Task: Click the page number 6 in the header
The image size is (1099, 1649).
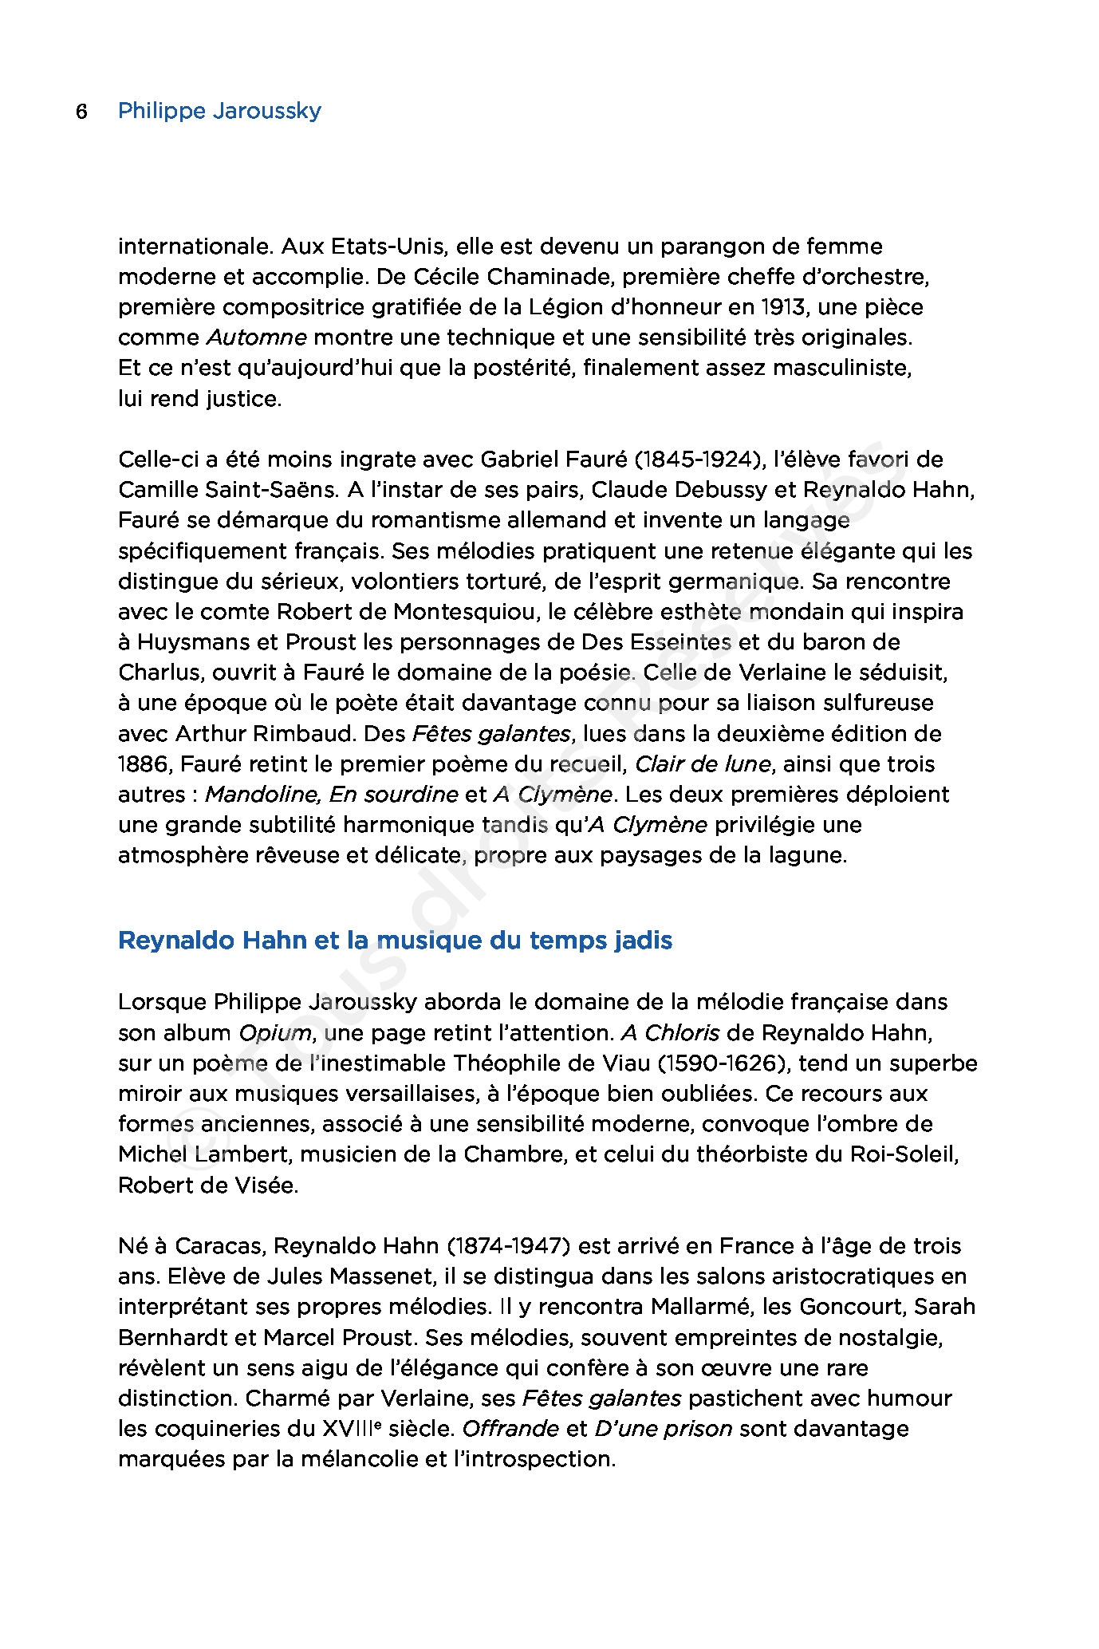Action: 81,112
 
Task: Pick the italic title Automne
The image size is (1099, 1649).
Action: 257,337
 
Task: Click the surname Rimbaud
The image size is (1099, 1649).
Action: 305,734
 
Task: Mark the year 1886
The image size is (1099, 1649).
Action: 144,764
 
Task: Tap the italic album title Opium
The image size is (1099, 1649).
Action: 274,1033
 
